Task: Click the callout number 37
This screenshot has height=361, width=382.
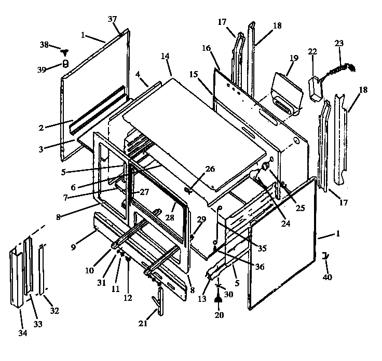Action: (x=113, y=19)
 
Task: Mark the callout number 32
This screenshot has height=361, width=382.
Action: (x=54, y=311)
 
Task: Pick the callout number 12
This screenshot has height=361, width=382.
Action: (x=128, y=298)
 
